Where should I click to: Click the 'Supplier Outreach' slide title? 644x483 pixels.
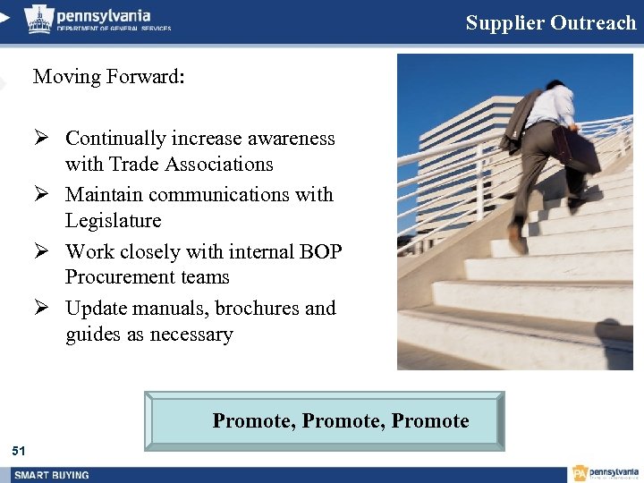click(x=550, y=23)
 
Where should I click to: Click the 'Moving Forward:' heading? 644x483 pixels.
click(x=109, y=77)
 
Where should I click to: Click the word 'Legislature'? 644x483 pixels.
click(x=114, y=221)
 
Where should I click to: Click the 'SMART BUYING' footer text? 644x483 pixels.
click(x=51, y=475)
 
